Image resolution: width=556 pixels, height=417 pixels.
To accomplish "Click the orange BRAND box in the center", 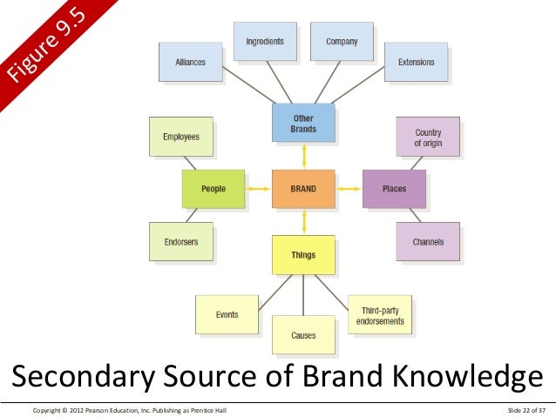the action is click(303, 188).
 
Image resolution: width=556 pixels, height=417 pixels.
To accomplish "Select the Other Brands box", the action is click(303, 123).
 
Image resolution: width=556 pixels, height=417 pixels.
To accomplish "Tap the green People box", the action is click(213, 188).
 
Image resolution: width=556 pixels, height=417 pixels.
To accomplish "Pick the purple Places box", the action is click(394, 188).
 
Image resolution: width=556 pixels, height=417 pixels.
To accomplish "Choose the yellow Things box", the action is click(303, 255).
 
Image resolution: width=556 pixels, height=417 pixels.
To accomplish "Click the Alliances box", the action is click(190, 63).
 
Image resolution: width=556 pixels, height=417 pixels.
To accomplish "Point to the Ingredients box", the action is click(264, 42).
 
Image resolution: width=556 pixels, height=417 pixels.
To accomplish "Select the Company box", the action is click(342, 42).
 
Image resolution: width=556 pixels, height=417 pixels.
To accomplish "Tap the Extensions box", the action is click(416, 63).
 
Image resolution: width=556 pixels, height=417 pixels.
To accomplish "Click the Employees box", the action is click(181, 137).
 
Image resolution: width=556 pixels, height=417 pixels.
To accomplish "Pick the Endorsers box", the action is click(181, 241).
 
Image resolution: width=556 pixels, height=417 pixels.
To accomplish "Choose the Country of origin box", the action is click(428, 137).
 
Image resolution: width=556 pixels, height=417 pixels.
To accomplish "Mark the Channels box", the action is click(428, 241).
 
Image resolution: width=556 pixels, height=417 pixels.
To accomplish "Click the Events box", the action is click(227, 315).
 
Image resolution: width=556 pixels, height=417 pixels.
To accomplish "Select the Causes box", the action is click(303, 334).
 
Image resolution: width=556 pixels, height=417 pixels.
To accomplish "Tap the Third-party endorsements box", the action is click(380, 315).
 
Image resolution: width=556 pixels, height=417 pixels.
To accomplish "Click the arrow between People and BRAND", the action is click(258, 188).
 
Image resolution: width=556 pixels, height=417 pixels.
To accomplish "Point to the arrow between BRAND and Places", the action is click(349, 188).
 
